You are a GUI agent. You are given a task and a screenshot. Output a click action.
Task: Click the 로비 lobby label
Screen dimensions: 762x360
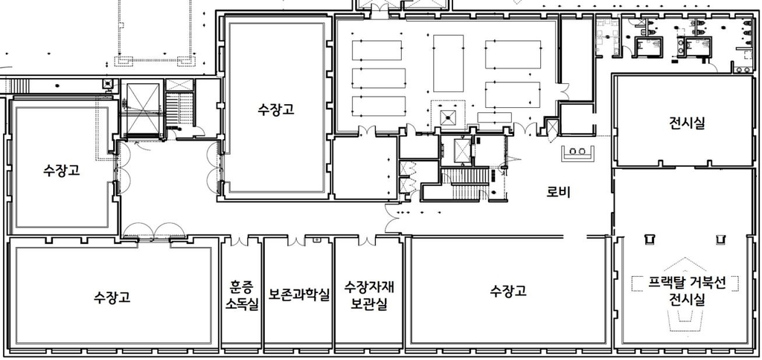(x=558, y=193)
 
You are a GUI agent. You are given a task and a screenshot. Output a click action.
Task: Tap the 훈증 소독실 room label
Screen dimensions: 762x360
(x=242, y=296)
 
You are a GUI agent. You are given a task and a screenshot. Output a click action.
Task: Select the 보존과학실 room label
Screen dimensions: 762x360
(x=299, y=295)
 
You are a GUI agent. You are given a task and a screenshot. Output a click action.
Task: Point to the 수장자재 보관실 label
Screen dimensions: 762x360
(x=369, y=295)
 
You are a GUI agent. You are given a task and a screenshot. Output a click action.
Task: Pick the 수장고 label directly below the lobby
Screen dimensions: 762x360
(x=508, y=292)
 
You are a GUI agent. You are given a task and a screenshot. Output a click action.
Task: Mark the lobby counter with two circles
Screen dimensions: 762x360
(x=577, y=152)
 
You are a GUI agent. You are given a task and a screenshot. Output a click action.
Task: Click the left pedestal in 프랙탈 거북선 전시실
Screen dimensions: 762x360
(x=649, y=239)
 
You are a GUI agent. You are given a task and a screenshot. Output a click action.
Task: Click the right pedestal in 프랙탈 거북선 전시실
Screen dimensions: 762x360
(x=720, y=239)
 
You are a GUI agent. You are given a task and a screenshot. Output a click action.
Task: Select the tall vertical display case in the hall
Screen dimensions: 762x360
(x=448, y=63)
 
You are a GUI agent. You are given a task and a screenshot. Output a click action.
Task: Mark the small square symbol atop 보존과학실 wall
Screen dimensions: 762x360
(x=317, y=240)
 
